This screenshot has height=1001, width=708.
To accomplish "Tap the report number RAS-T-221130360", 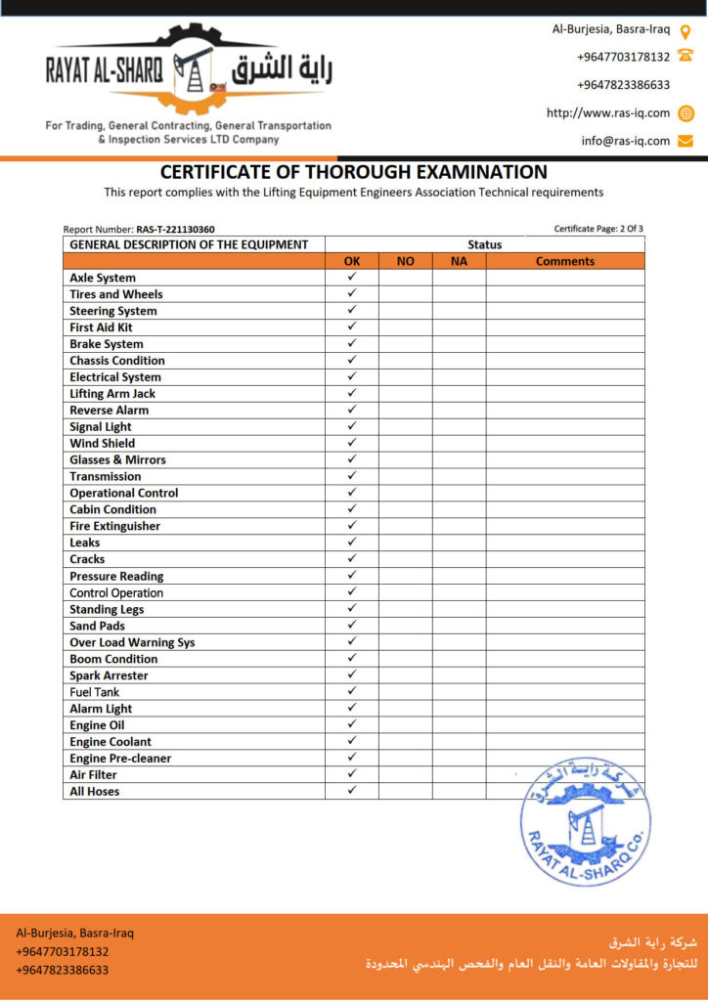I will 175,230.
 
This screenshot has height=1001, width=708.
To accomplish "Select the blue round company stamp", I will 585,821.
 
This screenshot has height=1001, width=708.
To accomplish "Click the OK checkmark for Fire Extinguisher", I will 352,526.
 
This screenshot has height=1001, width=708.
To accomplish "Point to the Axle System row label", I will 103,278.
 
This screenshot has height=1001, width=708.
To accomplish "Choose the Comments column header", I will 565,261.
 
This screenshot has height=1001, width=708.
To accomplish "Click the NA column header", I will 459,261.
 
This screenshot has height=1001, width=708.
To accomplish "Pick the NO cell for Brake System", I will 405,344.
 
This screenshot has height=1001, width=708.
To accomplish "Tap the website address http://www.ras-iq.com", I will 608,112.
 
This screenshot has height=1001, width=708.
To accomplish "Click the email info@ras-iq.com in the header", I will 626,141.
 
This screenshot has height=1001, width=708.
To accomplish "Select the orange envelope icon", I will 686,141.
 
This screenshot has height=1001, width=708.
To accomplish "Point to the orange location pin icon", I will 686,29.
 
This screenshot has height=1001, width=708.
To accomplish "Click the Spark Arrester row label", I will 109,675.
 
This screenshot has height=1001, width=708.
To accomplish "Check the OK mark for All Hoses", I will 352,791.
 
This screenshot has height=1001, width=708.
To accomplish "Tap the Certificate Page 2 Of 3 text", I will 598,229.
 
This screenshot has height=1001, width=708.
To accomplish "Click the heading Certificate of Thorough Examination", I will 354,172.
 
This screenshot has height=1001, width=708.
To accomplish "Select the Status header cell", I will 484,244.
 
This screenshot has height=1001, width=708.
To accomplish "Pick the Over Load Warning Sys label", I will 132,642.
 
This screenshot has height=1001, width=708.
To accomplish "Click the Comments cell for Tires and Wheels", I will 565,294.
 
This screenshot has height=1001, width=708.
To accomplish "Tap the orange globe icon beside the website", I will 686,112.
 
